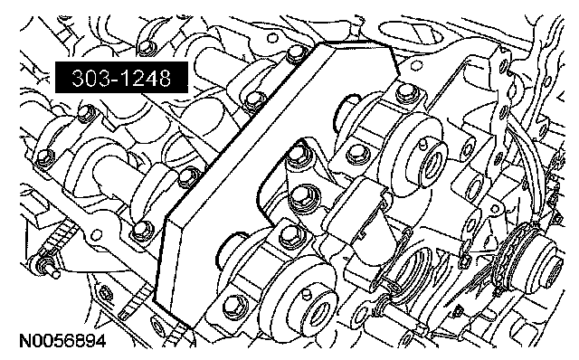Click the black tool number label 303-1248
[x=121, y=77]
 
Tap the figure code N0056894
[x=62, y=340]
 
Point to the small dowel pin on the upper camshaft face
[x=422, y=142]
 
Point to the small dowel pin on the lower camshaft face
[x=305, y=294]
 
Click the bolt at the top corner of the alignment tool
[x=296, y=54]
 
